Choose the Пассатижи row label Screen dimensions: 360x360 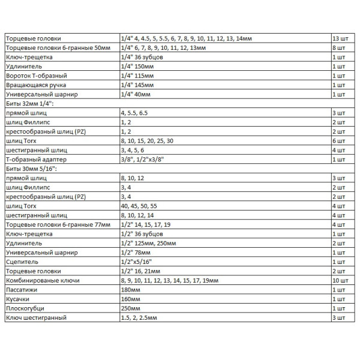pos(23,290)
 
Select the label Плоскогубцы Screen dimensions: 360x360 pos(28,308)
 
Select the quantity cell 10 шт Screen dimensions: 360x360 pos(340,280)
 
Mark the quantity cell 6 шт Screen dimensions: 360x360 pos(339,141)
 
